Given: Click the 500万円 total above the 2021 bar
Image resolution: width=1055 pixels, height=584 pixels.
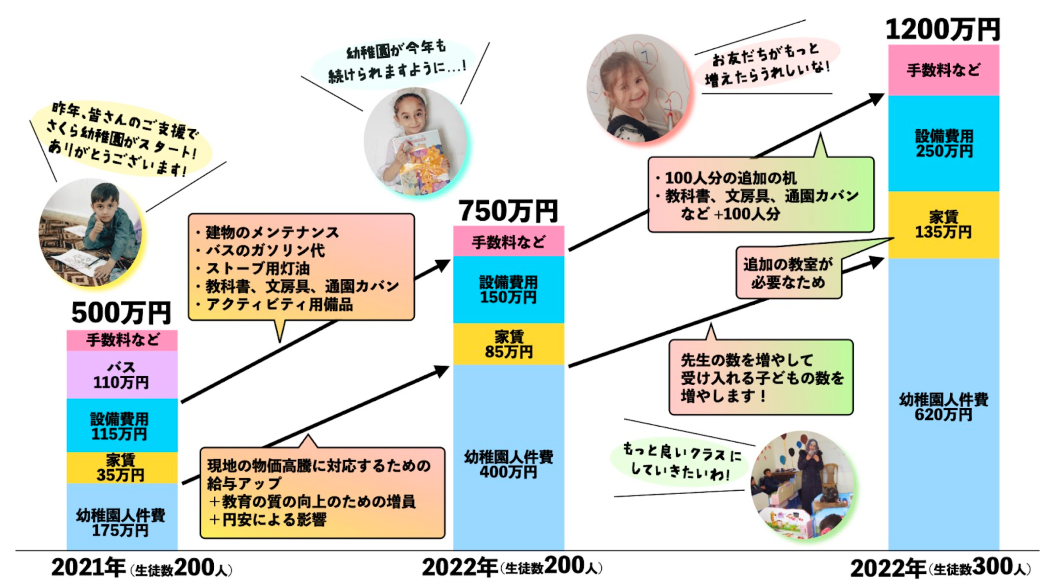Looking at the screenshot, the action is point(121,313).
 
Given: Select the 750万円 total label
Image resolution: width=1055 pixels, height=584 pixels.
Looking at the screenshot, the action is point(508,211).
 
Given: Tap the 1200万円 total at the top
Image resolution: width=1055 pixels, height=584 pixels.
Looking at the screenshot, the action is point(943,30).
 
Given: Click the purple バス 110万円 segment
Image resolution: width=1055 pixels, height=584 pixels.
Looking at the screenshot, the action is point(122,375).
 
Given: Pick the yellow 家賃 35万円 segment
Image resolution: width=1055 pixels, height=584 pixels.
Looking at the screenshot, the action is point(122,468).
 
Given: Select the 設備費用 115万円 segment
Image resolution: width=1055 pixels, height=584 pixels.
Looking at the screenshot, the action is point(122,426).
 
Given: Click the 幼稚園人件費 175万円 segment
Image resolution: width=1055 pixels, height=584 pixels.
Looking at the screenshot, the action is point(122,522).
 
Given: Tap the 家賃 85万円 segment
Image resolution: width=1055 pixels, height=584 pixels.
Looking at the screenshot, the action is point(508,344).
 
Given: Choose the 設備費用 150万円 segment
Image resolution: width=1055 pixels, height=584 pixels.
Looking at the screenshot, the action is point(508,290).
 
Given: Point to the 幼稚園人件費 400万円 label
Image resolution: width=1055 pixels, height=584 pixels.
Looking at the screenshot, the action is point(508,465).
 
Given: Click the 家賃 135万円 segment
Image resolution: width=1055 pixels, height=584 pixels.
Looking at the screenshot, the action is point(943,225).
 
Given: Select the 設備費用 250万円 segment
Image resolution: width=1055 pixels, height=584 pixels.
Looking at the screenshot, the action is point(943,143).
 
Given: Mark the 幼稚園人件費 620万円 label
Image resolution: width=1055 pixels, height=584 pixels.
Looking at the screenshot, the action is point(943,407).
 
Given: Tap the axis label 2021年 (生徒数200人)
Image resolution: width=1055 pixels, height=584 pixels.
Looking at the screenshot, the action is point(141,569).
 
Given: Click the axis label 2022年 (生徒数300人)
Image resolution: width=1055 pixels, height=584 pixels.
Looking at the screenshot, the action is point(940,569).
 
